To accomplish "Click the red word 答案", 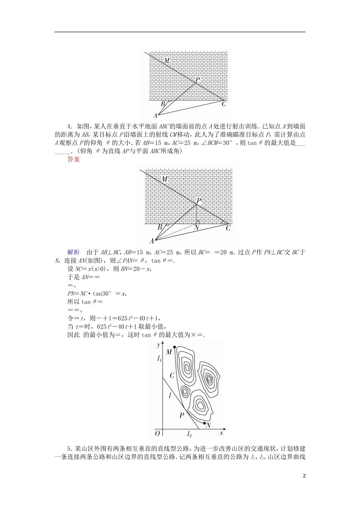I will click(74, 159).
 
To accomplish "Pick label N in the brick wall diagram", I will click(196, 228).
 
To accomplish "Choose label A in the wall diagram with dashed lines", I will click(152, 241).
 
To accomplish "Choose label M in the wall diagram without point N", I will click(167, 61).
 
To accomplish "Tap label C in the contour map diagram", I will click(172, 376).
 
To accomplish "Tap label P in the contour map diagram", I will click(182, 415).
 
